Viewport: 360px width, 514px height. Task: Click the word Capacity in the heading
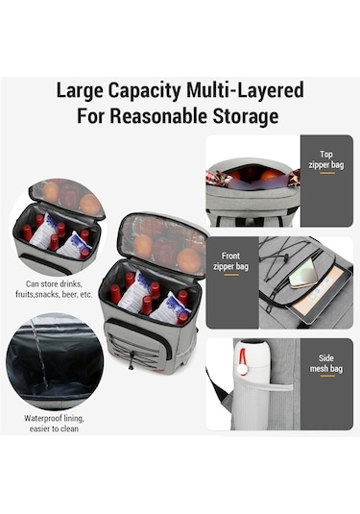(x=144, y=91)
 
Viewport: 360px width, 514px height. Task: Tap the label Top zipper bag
(x=326, y=159)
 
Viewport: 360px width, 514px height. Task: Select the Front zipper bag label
(x=230, y=261)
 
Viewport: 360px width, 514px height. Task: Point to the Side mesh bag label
(x=326, y=363)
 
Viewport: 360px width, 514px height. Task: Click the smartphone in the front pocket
(x=303, y=273)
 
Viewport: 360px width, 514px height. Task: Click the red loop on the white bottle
(x=243, y=356)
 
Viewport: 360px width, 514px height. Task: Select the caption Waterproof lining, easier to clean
(x=54, y=424)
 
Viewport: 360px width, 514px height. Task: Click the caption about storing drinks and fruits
(x=54, y=289)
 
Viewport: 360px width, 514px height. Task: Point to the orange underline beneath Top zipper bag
(x=327, y=173)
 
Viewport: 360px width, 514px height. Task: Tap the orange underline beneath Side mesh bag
(x=327, y=376)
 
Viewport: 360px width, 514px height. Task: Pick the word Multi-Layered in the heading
(x=245, y=91)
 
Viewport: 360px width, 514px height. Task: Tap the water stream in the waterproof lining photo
(x=40, y=353)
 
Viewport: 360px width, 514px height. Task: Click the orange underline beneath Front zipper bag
(x=231, y=275)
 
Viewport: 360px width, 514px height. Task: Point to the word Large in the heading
(x=80, y=91)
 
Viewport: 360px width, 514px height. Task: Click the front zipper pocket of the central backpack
(x=137, y=344)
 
